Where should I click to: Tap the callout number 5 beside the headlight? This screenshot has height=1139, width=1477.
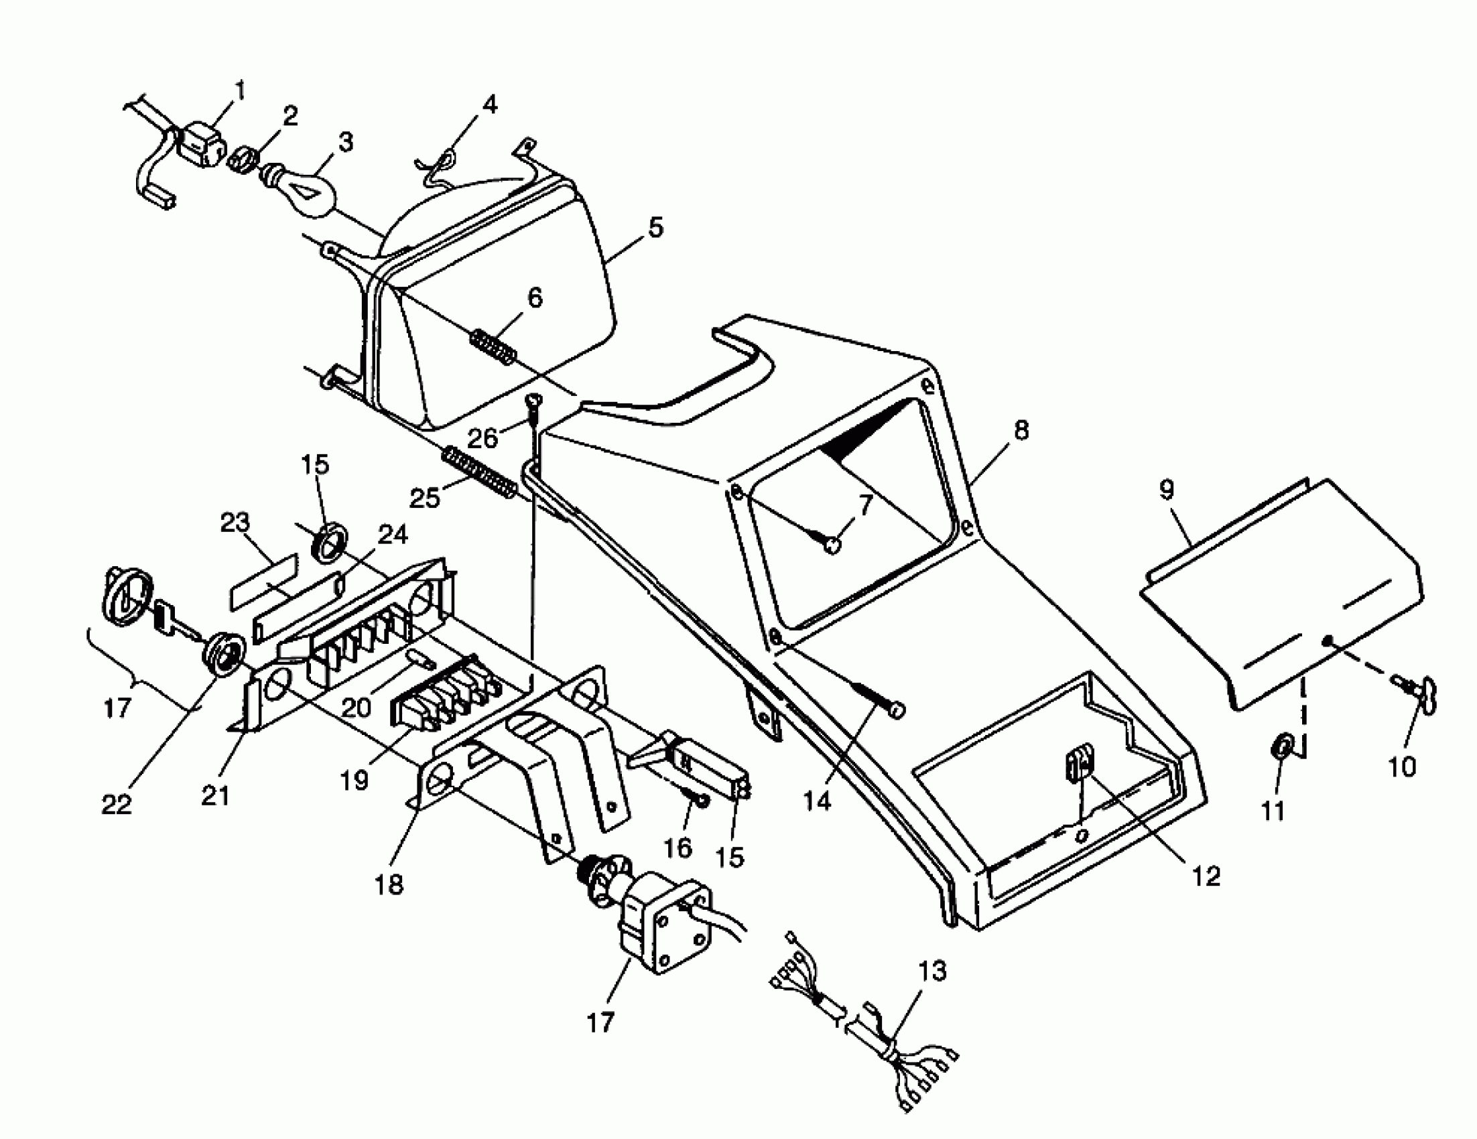tap(655, 227)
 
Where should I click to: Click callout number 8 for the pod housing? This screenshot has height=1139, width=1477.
tap(1021, 430)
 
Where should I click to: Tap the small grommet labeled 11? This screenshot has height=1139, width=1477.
tap(1281, 747)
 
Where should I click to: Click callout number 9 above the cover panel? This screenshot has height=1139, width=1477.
tap(1167, 489)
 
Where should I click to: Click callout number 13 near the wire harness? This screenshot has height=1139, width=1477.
tap(932, 972)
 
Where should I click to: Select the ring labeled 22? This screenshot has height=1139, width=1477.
tap(224, 656)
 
